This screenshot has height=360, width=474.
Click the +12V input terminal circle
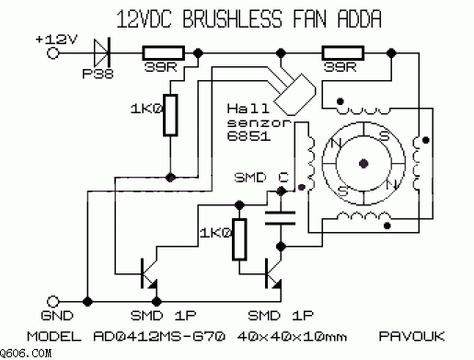pyautogui.click(x=52, y=53)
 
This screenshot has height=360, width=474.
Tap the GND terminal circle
pyautogui.click(x=52, y=302)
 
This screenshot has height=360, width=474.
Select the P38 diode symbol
pyautogui.click(x=102, y=52)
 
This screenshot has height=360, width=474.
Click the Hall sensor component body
pyautogui.click(x=295, y=95)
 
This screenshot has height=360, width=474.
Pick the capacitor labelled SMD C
pyautogui.click(x=280, y=218)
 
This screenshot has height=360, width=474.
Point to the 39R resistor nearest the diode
pyautogui.click(x=164, y=53)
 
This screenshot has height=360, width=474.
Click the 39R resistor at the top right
pyautogui.click(x=343, y=53)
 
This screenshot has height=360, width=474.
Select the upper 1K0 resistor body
pyautogui.click(x=170, y=115)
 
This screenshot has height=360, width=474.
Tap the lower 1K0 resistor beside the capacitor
pyautogui.click(x=239, y=239)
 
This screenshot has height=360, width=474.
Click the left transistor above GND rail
pyautogui.click(x=149, y=273)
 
